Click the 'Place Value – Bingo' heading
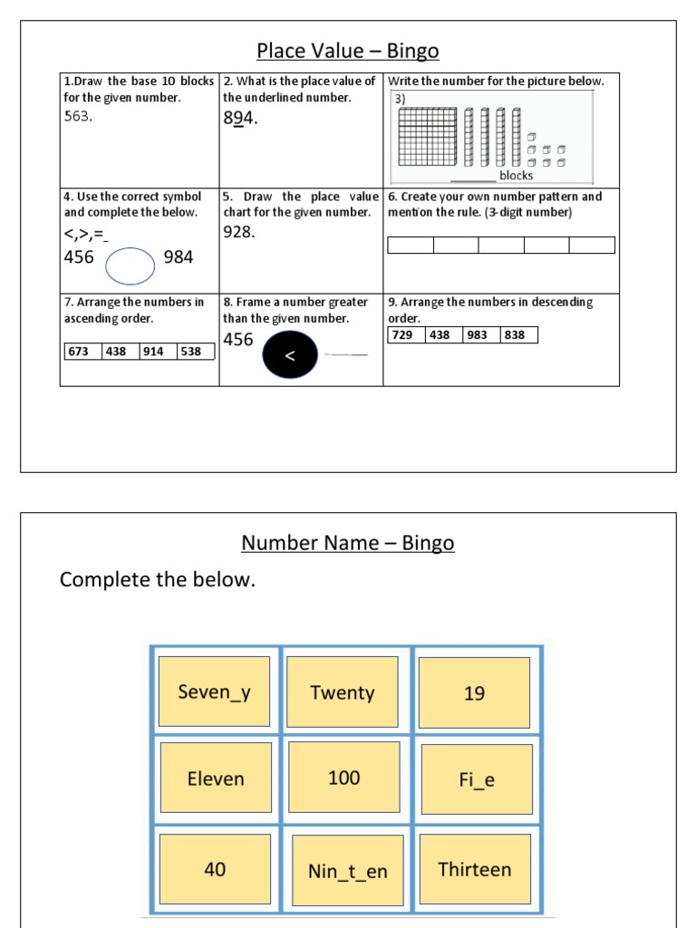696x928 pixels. tap(348, 51)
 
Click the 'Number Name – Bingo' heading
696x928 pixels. tap(348, 543)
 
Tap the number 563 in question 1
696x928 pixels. tap(78, 116)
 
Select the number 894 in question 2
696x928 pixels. tap(240, 118)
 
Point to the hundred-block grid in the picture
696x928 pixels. tap(430, 137)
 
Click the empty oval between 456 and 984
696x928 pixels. tap(133, 266)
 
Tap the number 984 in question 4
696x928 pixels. tap(179, 257)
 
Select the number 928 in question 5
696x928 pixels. tap(239, 232)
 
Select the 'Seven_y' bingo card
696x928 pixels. tap(215, 692)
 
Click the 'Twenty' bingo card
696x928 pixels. tap(343, 692)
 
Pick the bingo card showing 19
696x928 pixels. tap(474, 692)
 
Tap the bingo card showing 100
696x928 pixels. tap(344, 778)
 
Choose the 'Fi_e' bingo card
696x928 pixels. tap(477, 779)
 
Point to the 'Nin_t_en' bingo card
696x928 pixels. tap(348, 870)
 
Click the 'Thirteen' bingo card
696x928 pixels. tap(475, 869)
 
